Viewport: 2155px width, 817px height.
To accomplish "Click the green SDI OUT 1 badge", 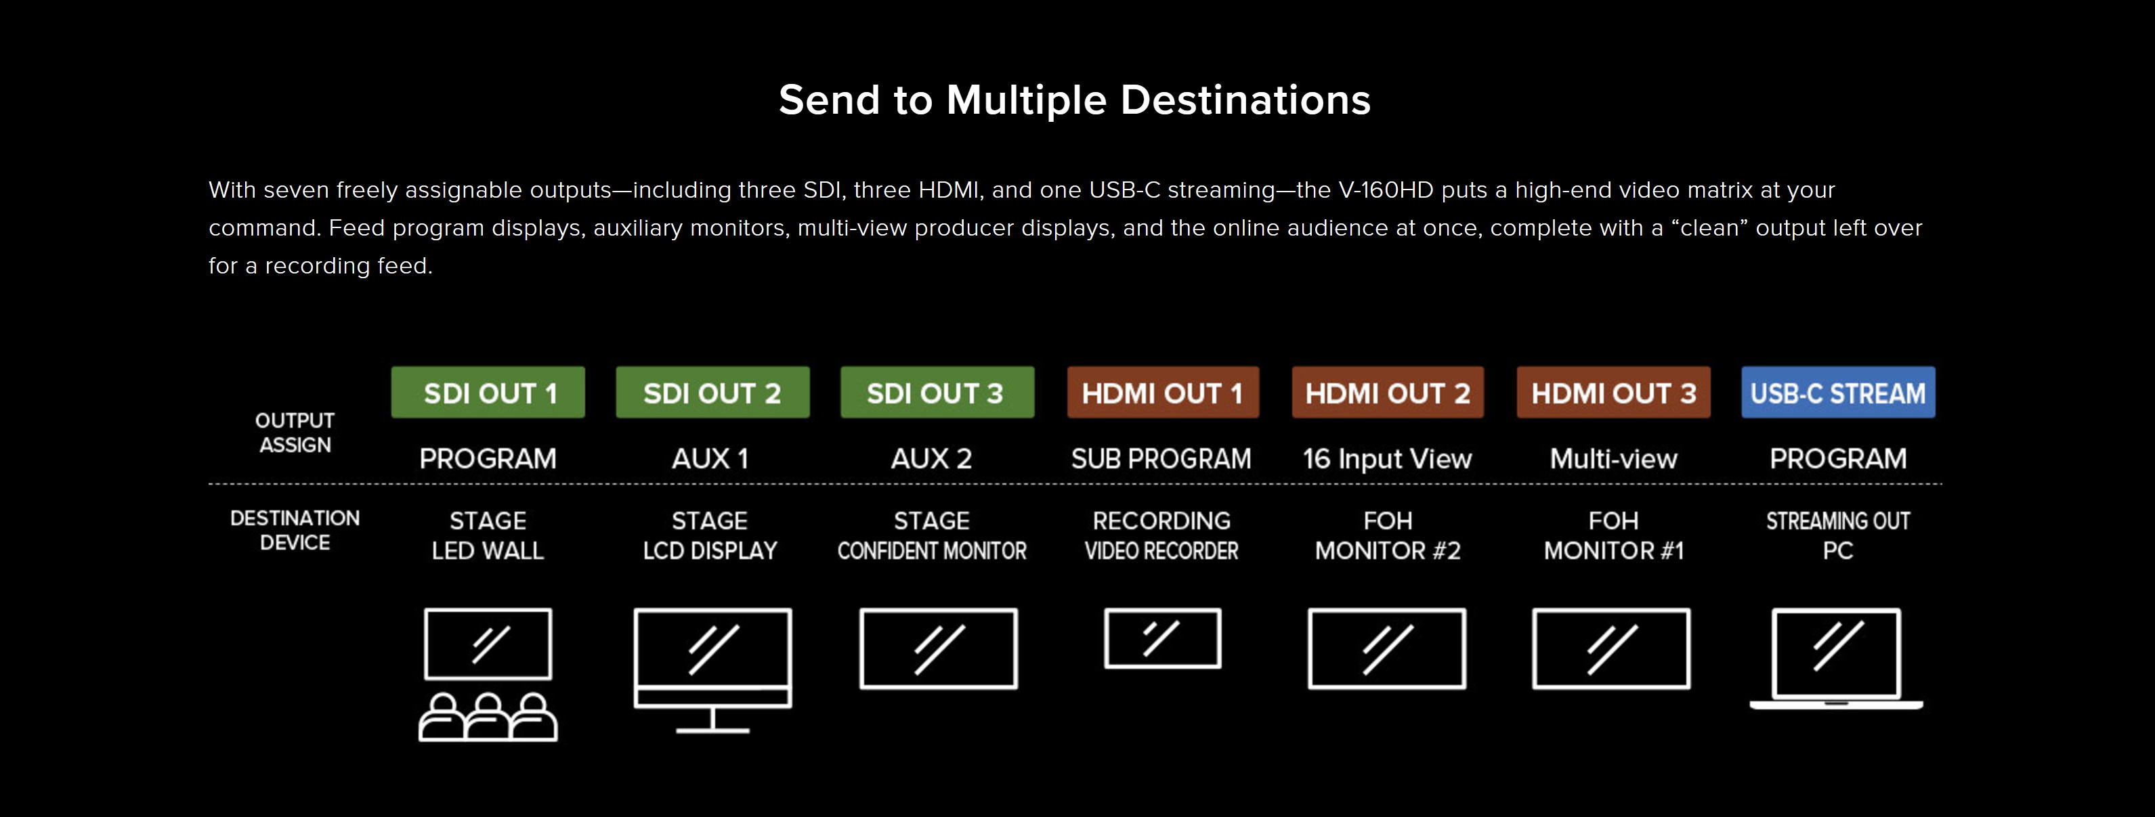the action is point(488,392).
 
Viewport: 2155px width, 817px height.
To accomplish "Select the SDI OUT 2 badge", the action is point(712,392).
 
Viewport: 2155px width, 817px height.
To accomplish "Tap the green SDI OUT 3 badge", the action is point(937,392).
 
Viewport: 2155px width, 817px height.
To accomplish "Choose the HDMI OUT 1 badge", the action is point(1163,392).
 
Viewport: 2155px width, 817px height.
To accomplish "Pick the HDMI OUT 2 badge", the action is point(1388,392).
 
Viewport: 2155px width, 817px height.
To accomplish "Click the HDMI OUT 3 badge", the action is point(1614,392).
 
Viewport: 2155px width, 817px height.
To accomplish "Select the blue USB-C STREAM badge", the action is point(1838,392).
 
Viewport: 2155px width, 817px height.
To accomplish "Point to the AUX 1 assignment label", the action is point(710,458).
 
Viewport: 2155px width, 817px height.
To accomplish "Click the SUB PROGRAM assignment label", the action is point(1161,458).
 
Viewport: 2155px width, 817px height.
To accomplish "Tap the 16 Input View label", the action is point(1387,458).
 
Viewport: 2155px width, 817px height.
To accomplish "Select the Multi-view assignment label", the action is point(1614,458).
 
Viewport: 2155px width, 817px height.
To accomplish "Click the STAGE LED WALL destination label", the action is point(488,535).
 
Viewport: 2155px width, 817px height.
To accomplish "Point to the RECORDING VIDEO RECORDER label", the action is point(1161,535).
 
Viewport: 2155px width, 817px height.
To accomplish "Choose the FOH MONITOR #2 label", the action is point(1388,535).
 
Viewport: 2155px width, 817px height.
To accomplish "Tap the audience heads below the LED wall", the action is point(488,717).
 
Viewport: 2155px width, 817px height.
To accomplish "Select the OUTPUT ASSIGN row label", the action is point(295,433).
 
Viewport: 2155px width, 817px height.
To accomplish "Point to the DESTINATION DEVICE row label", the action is point(295,530).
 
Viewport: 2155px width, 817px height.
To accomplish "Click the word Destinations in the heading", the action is point(1245,100).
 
